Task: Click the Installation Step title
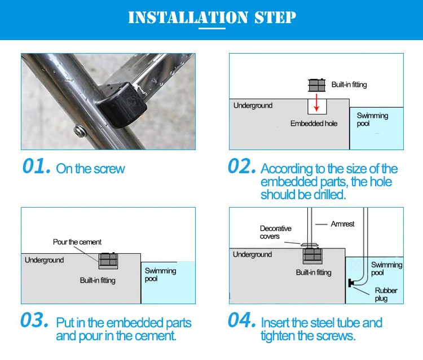pyautogui.click(x=211, y=17)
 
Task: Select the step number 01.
pyautogui.click(x=36, y=167)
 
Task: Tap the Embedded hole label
pyautogui.click(x=314, y=124)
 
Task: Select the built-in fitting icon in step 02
pyautogui.click(x=317, y=85)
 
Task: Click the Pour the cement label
pyautogui.click(x=77, y=242)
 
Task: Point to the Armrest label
pyautogui.click(x=343, y=224)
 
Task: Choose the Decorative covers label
pyautogui.click(x=276, y=232)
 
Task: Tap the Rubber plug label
pyautogui.click(x=386, y=295)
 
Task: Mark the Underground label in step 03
pyautogui.click(x=45, y=260)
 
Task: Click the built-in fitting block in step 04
pyautogui.click(x=312, y=256)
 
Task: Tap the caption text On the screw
pyautogui.click(x=90, y=169)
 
